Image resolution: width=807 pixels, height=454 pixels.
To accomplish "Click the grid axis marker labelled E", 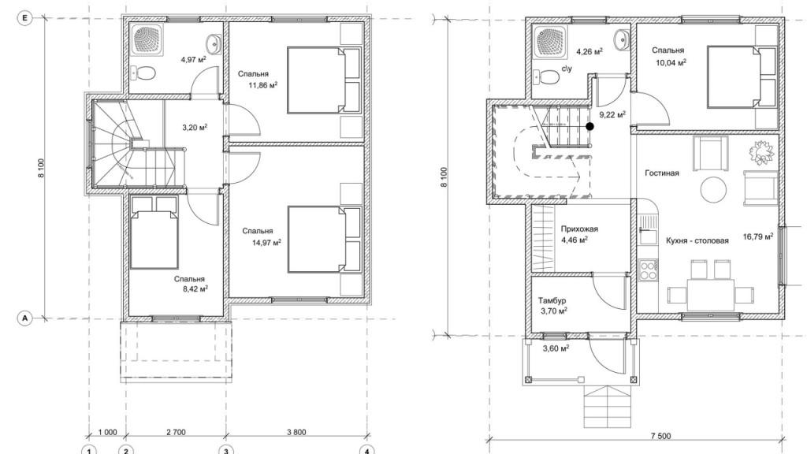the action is point(24,19).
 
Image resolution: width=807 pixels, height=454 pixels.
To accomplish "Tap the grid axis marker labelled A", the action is point(24,318).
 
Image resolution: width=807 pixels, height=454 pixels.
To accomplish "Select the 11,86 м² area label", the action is point(263,85).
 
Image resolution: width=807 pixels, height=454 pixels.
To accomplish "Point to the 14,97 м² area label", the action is point(266,243).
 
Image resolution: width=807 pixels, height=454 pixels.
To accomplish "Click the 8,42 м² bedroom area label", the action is point(195,289).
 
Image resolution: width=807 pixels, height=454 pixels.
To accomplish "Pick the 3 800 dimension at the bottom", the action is point(296,432).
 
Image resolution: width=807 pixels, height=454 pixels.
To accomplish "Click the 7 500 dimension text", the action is point(661,436).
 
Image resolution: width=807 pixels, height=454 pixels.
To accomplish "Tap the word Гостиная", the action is point(662,173).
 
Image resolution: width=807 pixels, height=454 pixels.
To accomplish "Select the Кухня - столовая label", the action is point(697,240).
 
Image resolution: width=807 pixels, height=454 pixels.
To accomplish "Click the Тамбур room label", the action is point(552,300).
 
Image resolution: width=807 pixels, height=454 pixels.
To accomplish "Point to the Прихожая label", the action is point(579,229).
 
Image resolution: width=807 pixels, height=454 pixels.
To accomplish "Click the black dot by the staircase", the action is point(589,126).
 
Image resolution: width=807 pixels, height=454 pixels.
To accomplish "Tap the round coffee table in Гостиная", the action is point(714,191).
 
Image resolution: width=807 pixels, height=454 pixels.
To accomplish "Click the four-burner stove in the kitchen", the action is point(648,270).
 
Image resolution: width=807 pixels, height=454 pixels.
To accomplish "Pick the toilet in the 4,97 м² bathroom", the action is point(143,73).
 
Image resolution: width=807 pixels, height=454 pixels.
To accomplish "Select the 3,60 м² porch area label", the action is point(556,348).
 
